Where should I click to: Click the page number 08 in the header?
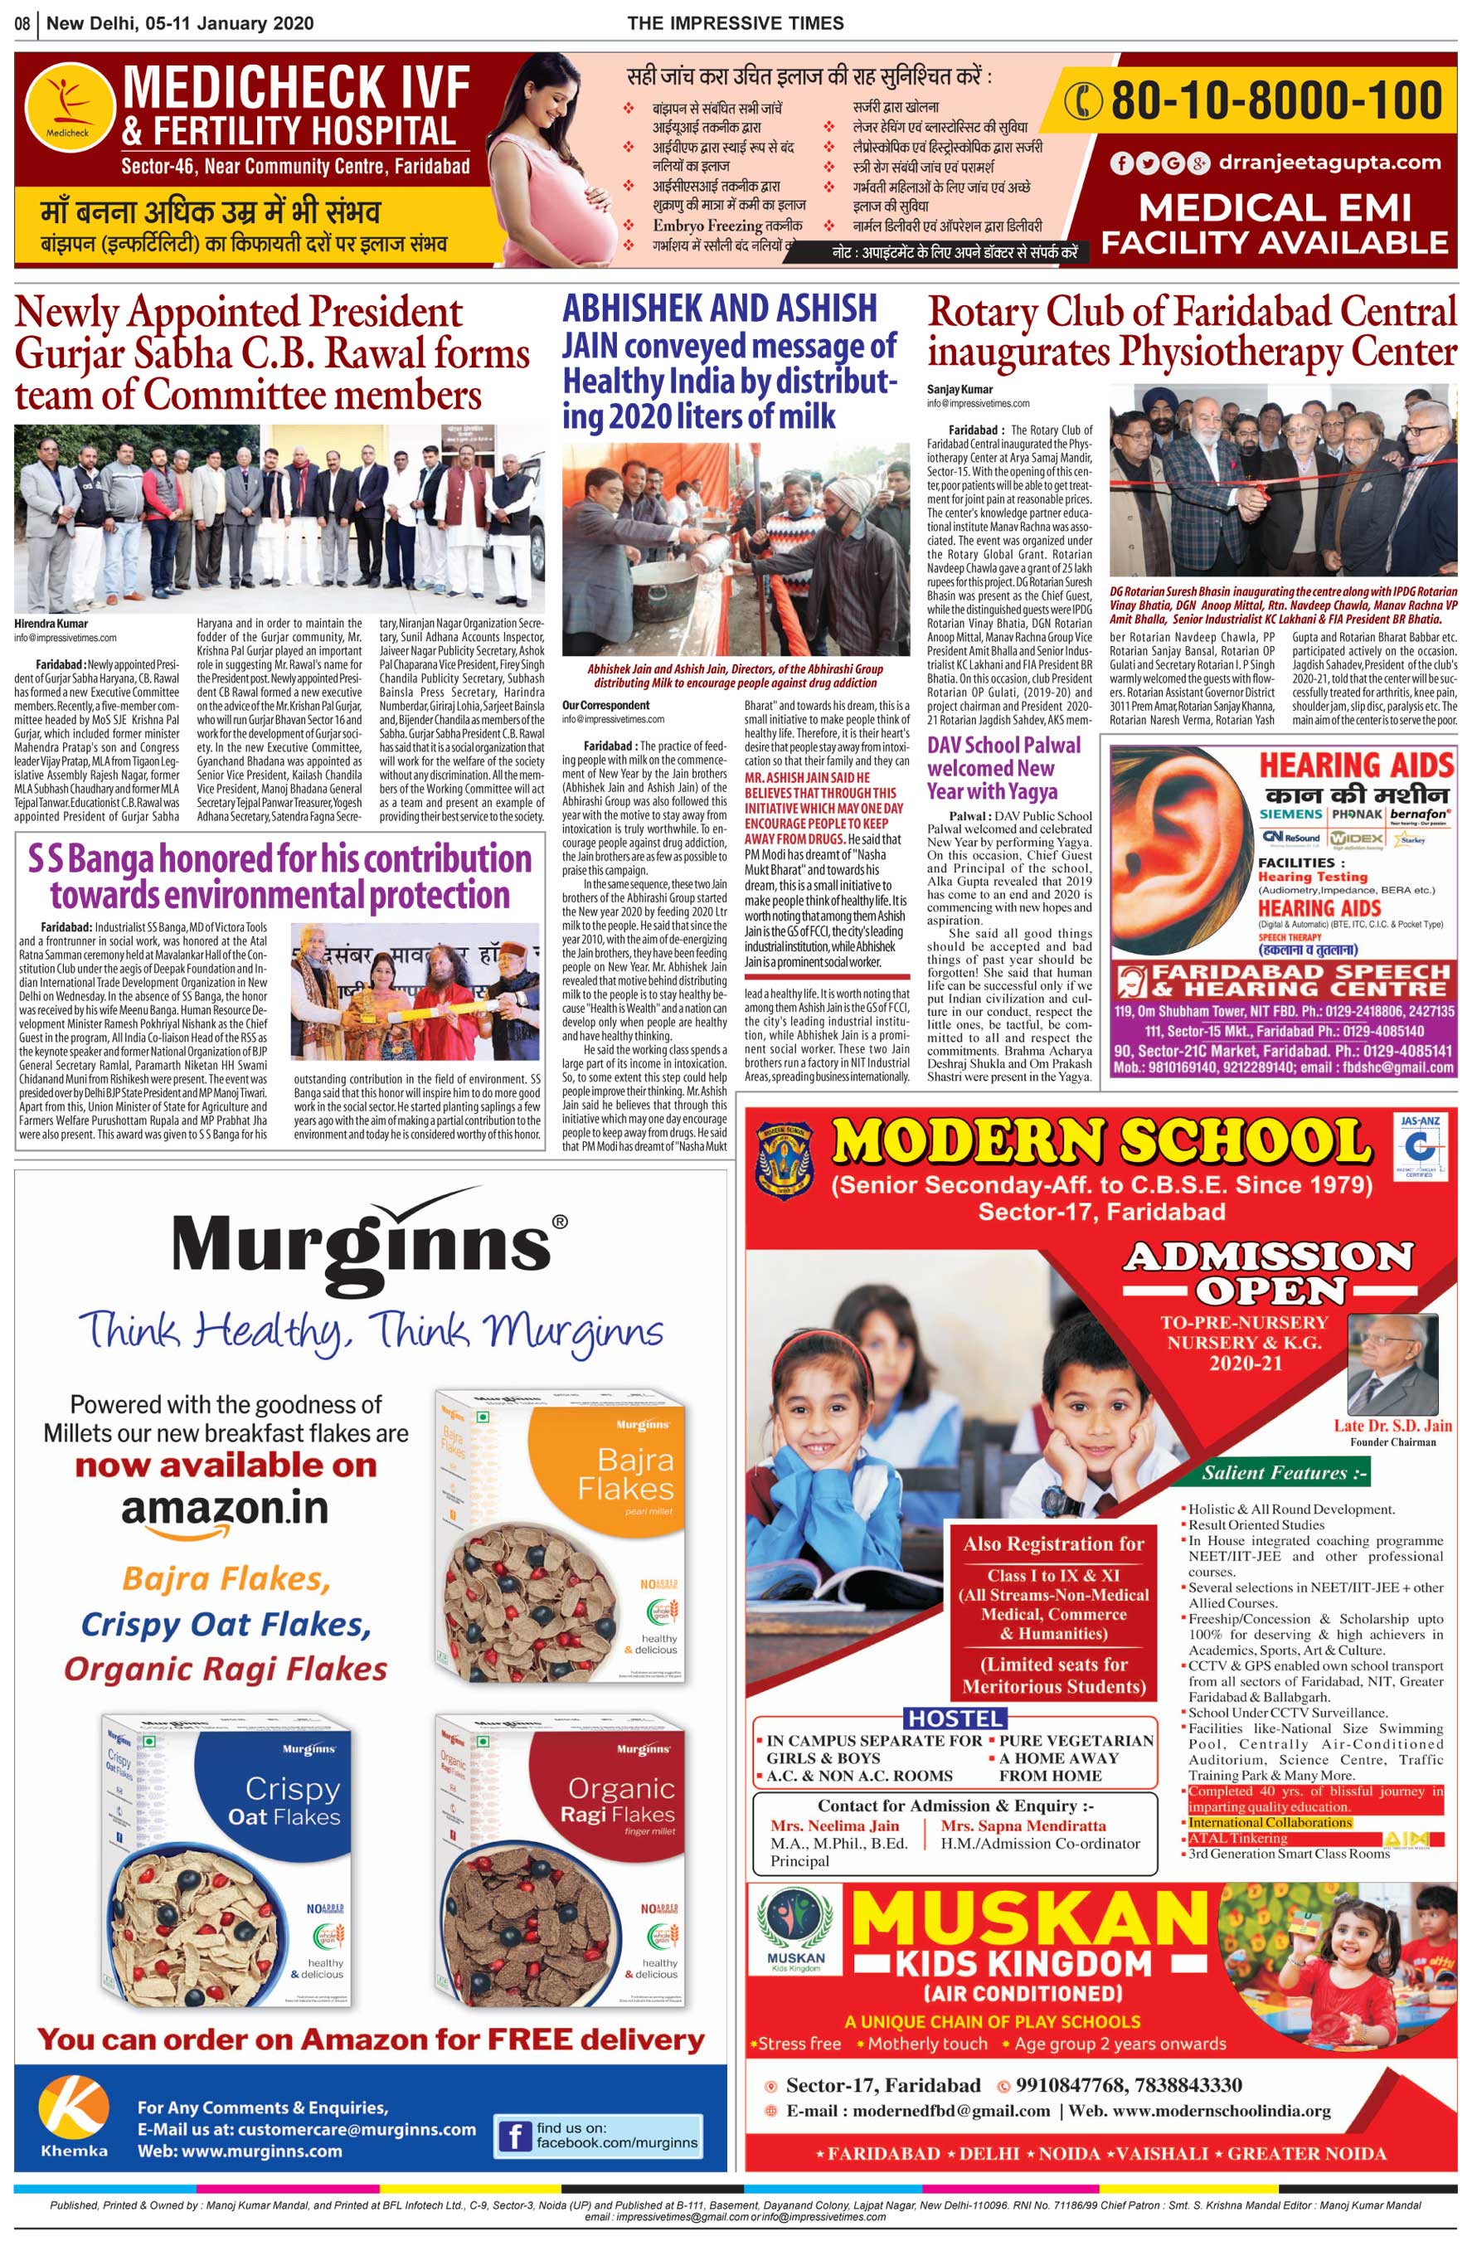[x=23, y=22]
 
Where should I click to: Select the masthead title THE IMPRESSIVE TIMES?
[x=736, y=22]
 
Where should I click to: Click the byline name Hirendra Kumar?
[x=51, y=624]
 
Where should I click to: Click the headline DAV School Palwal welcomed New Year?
[x=1004, y=767]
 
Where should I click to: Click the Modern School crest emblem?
[x=785, y=1161]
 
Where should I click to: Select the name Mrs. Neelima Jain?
[x=834, y=1825]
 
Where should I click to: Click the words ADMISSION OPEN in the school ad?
[x=1268, y=1271]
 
